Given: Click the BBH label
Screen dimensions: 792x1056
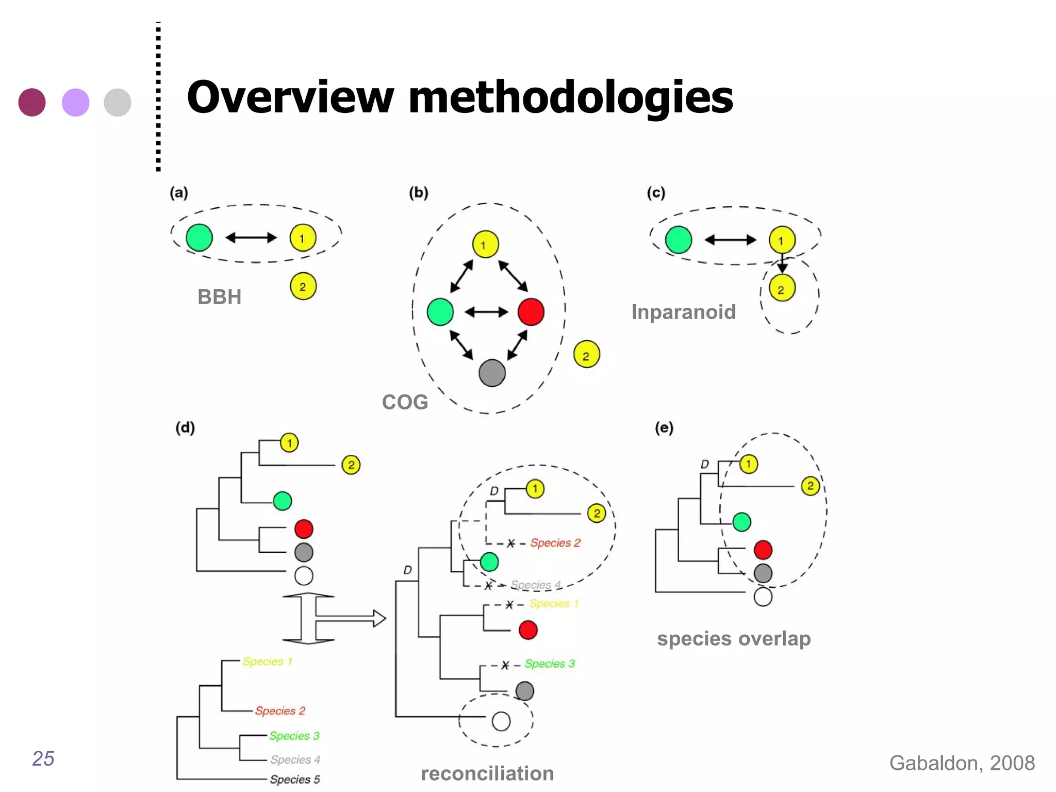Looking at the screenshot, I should point(219,297).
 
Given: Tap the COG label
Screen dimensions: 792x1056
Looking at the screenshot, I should point(405,402).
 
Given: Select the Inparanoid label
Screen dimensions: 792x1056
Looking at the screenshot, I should point(683,312).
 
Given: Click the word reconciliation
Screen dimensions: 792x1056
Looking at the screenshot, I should point(487,773).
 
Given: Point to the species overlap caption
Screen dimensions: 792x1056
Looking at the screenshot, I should point(734,638).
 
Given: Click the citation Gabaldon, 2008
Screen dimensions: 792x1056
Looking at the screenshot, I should point(962,763).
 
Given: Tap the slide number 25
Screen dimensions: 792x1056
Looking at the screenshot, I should point(43,758).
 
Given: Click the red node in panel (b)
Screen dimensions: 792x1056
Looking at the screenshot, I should point(531,312).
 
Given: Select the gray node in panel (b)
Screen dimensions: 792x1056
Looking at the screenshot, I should point(492,373).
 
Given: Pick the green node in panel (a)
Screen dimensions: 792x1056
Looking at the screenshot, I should point(199,238).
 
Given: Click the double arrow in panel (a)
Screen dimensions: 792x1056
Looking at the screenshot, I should point(251,238).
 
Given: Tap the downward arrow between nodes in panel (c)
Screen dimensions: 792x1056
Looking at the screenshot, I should point(782,264).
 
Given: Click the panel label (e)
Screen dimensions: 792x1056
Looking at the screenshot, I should point(664,427).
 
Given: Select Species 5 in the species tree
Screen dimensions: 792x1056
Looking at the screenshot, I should point(295,779).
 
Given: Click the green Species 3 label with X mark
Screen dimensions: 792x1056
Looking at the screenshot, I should point(550,664).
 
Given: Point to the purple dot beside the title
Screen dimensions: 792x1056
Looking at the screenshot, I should point(76,102).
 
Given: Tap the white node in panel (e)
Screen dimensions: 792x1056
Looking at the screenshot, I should point(763,597).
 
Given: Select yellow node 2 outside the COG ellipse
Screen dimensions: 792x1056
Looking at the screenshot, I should point(586,354).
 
